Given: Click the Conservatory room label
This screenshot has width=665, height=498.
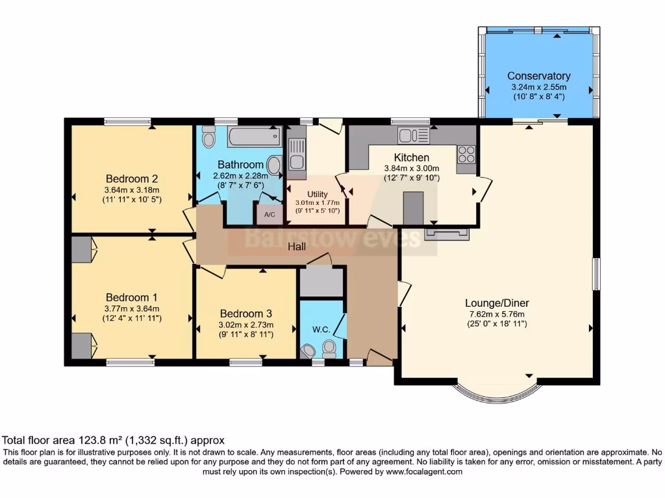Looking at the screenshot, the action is tap(538, 76).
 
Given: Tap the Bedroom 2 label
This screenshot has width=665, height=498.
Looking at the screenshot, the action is tap(132, 179).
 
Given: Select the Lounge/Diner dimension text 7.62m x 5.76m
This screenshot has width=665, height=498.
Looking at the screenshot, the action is tap(497, 314).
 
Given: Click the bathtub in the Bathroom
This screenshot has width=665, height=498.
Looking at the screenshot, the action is tap(255, 136).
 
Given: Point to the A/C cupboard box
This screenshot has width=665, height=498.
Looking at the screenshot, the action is tap(270, 214).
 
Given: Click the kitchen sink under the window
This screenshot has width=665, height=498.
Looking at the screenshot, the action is tap(414, 136).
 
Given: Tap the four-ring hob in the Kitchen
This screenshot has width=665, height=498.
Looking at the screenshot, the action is tap(466, 154).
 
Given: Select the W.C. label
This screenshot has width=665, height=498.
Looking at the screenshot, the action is tap(321, 329).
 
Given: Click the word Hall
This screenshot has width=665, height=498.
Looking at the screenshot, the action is tap(296, 246).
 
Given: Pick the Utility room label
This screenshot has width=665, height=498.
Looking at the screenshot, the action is tap(317, 194).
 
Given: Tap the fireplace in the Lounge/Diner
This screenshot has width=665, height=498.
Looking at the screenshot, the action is tap(447, 234).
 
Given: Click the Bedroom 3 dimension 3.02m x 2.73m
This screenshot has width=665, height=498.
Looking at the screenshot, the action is tap(246, 325).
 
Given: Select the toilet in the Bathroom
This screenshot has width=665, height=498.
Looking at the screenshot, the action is tap(208, 136).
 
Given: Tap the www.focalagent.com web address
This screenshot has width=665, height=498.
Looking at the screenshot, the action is tap(423, 471).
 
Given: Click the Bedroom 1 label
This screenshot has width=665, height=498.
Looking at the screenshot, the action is tap(131, 297).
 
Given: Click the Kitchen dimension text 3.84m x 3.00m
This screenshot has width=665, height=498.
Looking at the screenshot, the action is tap(411, 168).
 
